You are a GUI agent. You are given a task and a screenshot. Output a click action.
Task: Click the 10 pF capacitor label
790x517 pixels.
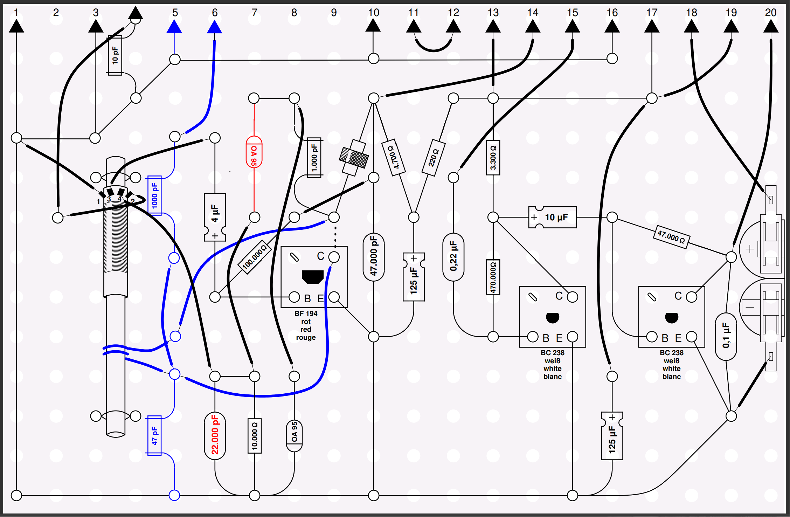pyautogui.click(x=115, y=55)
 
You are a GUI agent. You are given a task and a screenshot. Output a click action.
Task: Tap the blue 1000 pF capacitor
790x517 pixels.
pyautogui.click(x=154, y=195)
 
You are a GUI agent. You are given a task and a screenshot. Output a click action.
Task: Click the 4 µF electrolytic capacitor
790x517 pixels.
pyautogui.click(x=215, y=217)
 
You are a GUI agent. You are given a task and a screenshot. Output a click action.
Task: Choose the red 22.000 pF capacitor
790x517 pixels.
pyautogui.click(x=215, y=435)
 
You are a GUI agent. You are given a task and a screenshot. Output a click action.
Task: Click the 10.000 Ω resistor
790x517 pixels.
pyautogui.click(x=255, y=436)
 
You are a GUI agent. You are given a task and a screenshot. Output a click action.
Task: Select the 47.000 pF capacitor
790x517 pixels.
pyautogui.click(x=374, y=257)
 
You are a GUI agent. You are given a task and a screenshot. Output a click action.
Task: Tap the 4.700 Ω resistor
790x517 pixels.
pyautogui.click(x=394, y=158)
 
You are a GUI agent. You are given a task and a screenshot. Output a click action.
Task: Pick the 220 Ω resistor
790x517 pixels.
pyautogui.click(x=434, y=158)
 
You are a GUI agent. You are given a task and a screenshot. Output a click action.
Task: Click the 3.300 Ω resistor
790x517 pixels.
pyautogui.click(x=493, y=158)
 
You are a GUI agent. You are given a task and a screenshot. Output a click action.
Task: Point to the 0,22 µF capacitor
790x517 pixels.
pyautogui.click(x=453, y=257)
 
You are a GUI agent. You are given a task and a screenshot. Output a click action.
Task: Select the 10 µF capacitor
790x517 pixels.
pyautogui.click(x=553, y=217)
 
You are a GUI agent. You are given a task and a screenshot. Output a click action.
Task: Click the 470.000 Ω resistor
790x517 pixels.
pyautogui.click(x=493, y=277)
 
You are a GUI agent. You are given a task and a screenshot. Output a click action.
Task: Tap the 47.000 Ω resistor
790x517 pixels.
pyautogui.click(x=671, y=237)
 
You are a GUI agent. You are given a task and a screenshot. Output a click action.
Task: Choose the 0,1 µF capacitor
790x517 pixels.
pyautogui.click(x=726, y=336)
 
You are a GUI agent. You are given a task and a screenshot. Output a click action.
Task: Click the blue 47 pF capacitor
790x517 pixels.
pyautogui.click(x=154, y=435)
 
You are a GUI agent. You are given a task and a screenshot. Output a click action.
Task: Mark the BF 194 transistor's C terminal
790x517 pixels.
pyautogui.click(x=334, y=257)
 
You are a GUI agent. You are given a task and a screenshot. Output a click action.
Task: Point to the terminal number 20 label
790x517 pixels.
pyautogui.click(x=771, y=13)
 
